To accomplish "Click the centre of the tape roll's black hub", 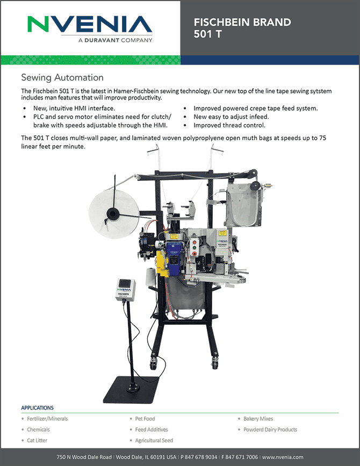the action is click(x=113, y=214).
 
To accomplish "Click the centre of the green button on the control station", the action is click(x=195, y=247).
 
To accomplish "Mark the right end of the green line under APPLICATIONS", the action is click(x=339, y=413).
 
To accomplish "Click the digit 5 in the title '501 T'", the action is click(x=197, y=34).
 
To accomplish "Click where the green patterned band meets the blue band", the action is click(x=181, y=60).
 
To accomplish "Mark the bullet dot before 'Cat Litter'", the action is click(x=23, y=440).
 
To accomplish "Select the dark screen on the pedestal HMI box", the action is click(x=125, y=283).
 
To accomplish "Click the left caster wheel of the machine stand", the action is click(x=153, y=364).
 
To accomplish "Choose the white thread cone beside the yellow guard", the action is click(x=151, y=277).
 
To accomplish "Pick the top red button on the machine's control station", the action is click(x=195, y=241).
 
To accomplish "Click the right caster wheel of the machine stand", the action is click(x=214, y=363).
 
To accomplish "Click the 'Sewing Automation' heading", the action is click(x=62, y=77).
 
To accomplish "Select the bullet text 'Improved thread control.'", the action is click(x=229, y=125).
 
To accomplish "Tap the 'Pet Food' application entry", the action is click(x=145, y=419).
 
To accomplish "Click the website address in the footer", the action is click(x=283, y=457).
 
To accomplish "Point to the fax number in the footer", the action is click(x=240, y=457).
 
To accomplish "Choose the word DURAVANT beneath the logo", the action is click(x=102, y=40).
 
